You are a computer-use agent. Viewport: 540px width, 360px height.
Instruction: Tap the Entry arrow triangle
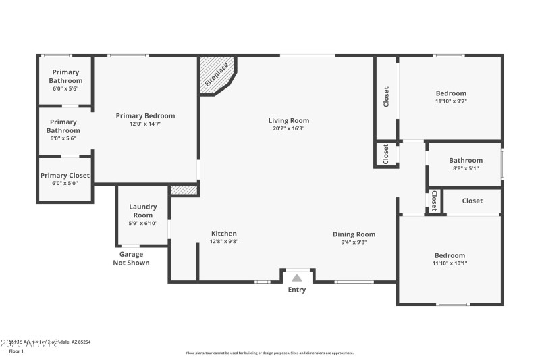pos(297,277)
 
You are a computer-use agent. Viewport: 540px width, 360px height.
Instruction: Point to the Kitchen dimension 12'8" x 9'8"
pos(224,241)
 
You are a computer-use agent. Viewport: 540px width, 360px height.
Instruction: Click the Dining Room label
pos(354,234)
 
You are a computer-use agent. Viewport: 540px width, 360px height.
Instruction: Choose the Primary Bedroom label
pos(145,115)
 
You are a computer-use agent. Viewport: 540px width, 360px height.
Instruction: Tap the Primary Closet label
pos(65,175)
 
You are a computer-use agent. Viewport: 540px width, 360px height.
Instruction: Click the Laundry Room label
pos(142,211)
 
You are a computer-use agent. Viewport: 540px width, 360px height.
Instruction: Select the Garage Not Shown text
pos(131,258)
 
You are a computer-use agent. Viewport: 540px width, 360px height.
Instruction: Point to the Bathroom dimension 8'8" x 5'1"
pos(466,168)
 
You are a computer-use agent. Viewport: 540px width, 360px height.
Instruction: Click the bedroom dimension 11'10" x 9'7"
pos(450,101)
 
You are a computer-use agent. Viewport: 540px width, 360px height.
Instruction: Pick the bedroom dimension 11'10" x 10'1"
pos(450,263)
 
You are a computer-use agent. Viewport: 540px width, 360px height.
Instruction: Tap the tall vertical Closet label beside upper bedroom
pos(386,97)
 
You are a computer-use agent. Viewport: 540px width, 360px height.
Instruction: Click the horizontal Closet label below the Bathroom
pos(473,201)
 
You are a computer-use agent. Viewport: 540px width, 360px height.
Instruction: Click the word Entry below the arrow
pos(297,290)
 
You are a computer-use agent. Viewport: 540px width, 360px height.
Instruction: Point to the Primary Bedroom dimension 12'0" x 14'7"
pos(145,124)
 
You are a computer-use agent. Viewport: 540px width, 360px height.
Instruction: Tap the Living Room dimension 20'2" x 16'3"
pos(289,128)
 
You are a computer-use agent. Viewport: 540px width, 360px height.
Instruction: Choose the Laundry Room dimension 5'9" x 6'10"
pos(142,223)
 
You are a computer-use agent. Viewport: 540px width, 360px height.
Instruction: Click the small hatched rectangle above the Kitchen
pos(184,190)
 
